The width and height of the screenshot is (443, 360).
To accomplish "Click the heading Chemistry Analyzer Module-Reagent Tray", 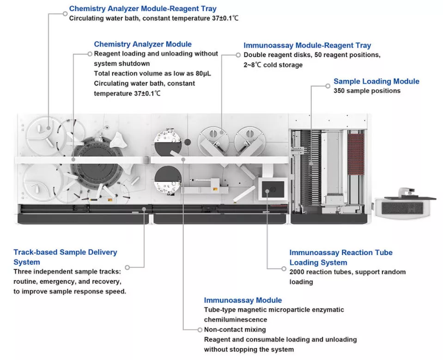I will pyautogui.click(x=143, y=9).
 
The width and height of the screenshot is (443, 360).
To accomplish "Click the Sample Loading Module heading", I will pyautogui.click(x=376, y=81).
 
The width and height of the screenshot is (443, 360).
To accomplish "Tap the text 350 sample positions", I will pyautogui.click(x=367, y=91).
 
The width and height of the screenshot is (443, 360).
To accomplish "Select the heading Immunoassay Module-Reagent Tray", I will pyautogui.click(x=307, y=45).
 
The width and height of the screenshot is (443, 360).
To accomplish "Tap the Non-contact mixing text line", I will pyautogui.click(x=235, y=329).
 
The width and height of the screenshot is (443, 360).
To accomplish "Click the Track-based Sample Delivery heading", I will pyautogui.click(x=65, y=252).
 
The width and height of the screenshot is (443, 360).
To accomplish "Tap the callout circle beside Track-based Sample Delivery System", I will pyautogui.click(x=128, y=267).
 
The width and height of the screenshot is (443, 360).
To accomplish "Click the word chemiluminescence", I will pyautogui.click(x=236, y=320).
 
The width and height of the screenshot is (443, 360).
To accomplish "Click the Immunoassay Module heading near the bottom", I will pyautogui.click(x=243, y=300).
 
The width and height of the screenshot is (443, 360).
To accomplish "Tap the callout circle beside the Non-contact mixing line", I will pyautogui.click(x=200, y=329).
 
